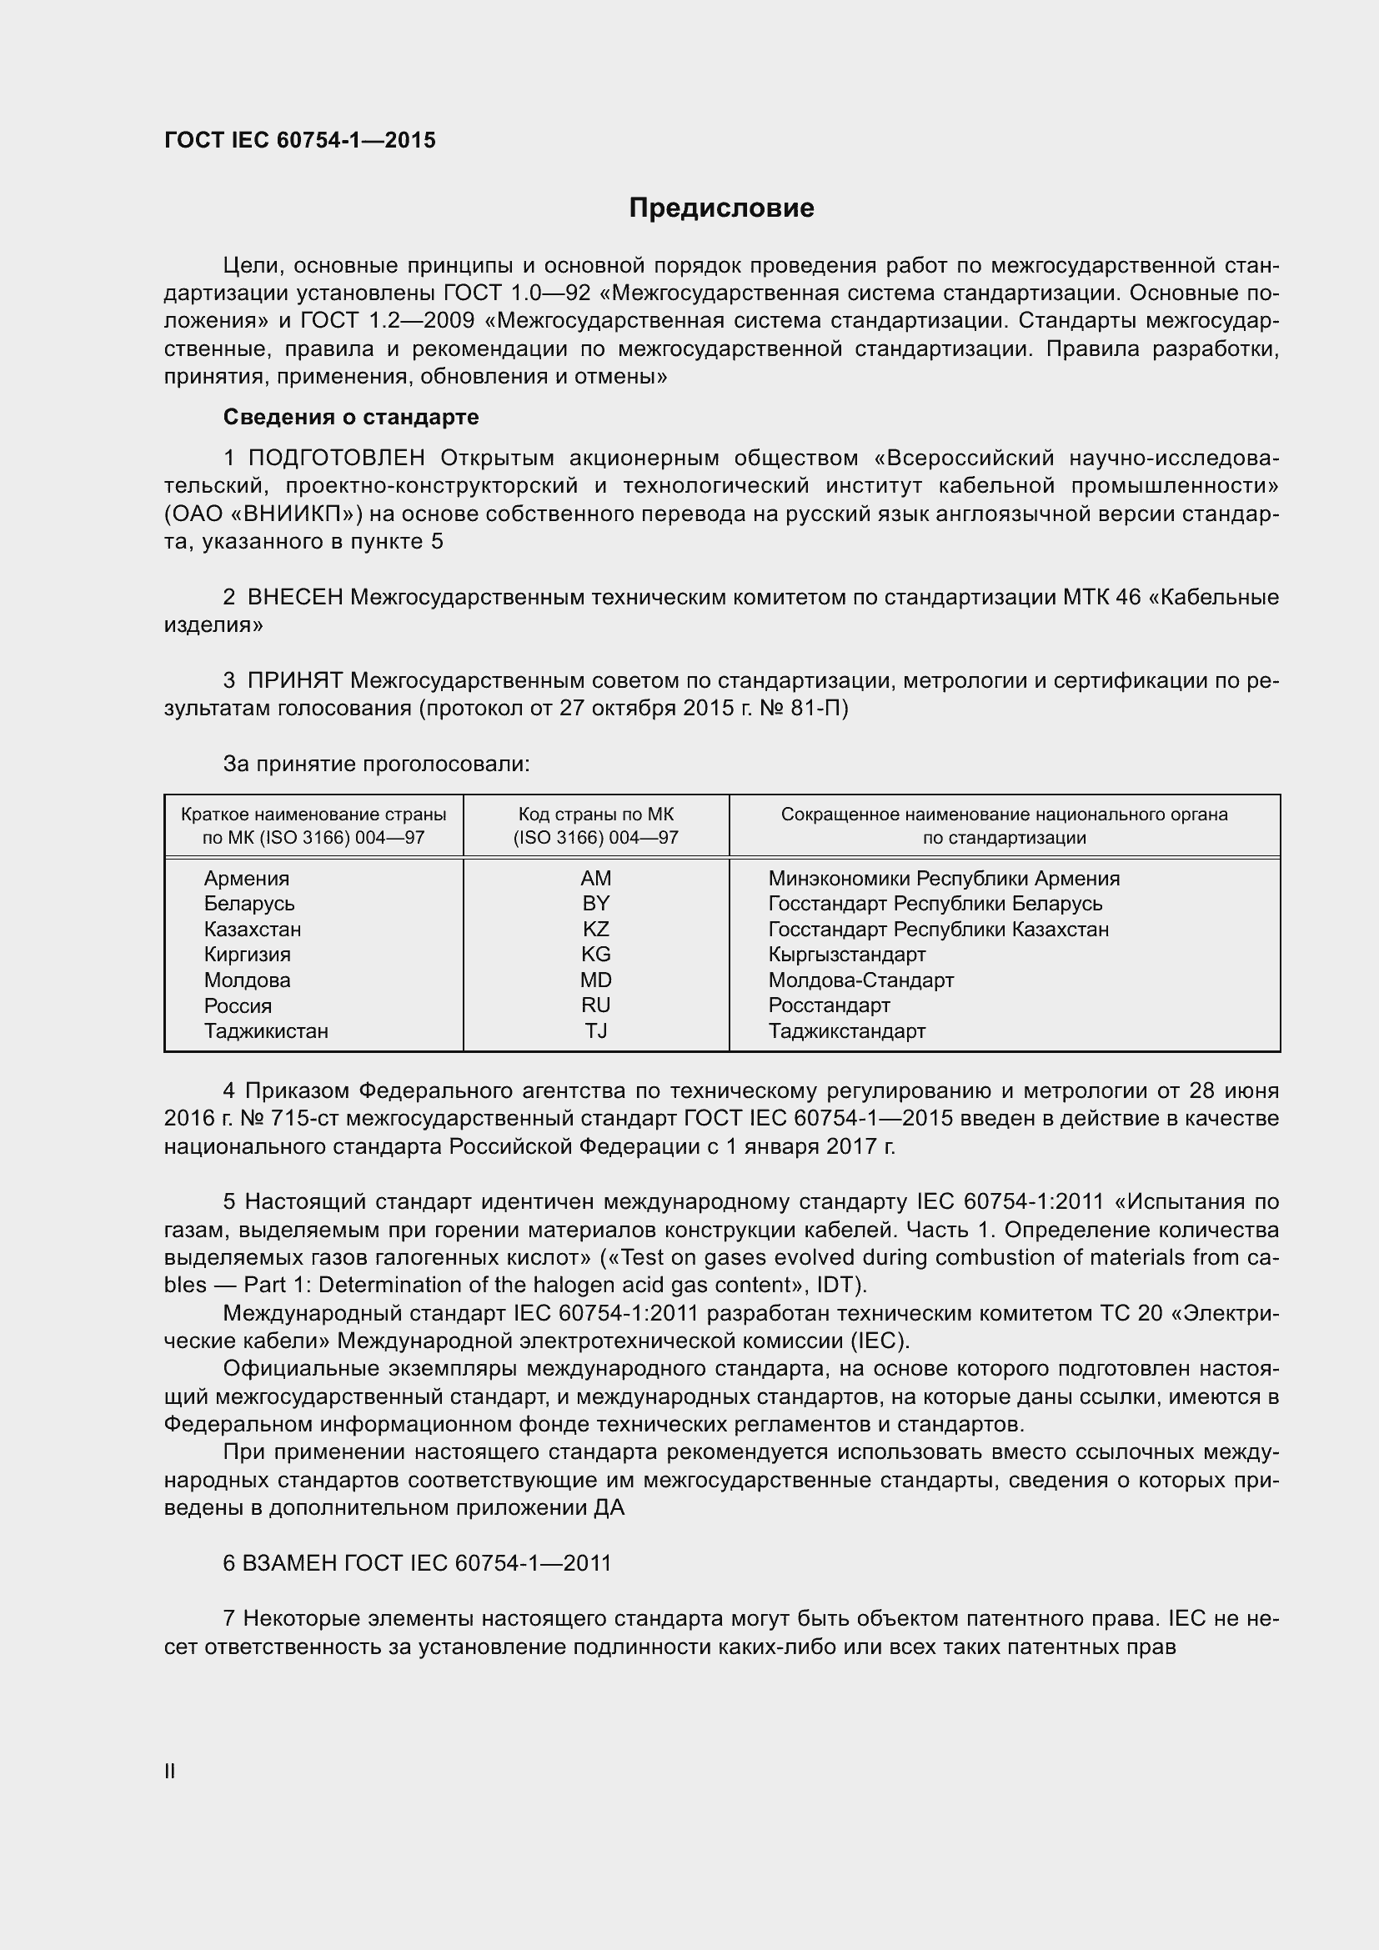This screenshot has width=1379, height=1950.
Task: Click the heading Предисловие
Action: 721,208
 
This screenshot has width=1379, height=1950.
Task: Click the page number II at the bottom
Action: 170,1771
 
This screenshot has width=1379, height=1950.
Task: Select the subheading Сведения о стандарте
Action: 351,417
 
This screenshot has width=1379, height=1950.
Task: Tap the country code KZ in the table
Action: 595,929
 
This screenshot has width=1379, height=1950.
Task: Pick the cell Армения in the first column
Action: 246,878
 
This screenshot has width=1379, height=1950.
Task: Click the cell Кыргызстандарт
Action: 846,955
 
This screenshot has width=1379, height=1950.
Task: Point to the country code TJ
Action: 595,1031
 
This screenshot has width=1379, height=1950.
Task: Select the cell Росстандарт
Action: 829,1005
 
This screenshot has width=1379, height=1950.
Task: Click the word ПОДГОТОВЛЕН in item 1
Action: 336,459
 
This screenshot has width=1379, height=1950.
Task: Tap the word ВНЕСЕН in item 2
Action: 294,597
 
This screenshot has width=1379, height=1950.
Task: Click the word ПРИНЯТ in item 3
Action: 294,680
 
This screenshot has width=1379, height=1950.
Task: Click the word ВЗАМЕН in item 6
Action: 289,1563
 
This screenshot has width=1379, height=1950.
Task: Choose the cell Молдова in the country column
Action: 247,980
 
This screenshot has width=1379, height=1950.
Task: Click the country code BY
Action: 595,904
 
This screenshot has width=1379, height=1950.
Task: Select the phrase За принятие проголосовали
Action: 375,764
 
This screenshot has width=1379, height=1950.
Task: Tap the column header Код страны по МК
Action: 595,815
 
